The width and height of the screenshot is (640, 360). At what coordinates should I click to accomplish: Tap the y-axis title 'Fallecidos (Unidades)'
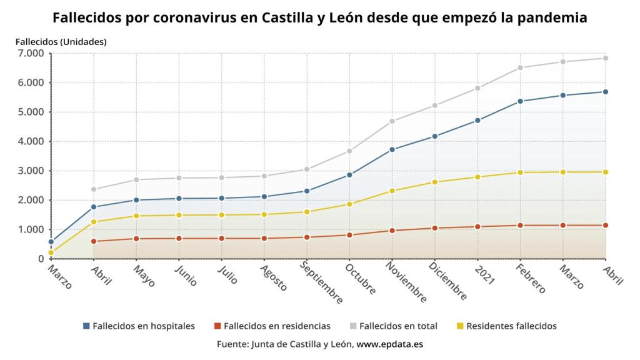tap(61, 42)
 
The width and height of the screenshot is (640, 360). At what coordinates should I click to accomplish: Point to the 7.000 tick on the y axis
tap(30, 54)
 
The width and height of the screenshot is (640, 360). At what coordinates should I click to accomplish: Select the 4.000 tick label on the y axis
tap(30, 142)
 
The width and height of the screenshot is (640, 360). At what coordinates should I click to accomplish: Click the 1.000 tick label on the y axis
tap(30, 230)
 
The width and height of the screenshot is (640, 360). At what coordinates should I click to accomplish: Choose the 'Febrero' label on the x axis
tap(531, 279)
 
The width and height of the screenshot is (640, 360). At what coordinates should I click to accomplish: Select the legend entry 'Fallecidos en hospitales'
tap(143, 326)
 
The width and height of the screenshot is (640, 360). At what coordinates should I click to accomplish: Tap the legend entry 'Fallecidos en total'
tap(398, 326)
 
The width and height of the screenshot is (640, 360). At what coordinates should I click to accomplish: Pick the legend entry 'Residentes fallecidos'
tap(511, 326)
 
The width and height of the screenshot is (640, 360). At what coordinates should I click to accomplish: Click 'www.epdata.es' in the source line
tap(390, 344)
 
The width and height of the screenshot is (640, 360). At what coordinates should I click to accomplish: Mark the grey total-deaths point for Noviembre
tap(392, 121)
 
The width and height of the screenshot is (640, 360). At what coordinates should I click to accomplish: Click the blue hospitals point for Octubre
tap(349, 175)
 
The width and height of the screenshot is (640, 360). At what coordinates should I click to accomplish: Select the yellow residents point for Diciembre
tap(435, 182)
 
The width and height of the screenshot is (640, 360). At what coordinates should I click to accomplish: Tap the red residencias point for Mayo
tap(136, 239)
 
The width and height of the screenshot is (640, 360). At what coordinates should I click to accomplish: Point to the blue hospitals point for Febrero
tap(520, 101)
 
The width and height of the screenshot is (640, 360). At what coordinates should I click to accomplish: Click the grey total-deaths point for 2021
tap(477, 88)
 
